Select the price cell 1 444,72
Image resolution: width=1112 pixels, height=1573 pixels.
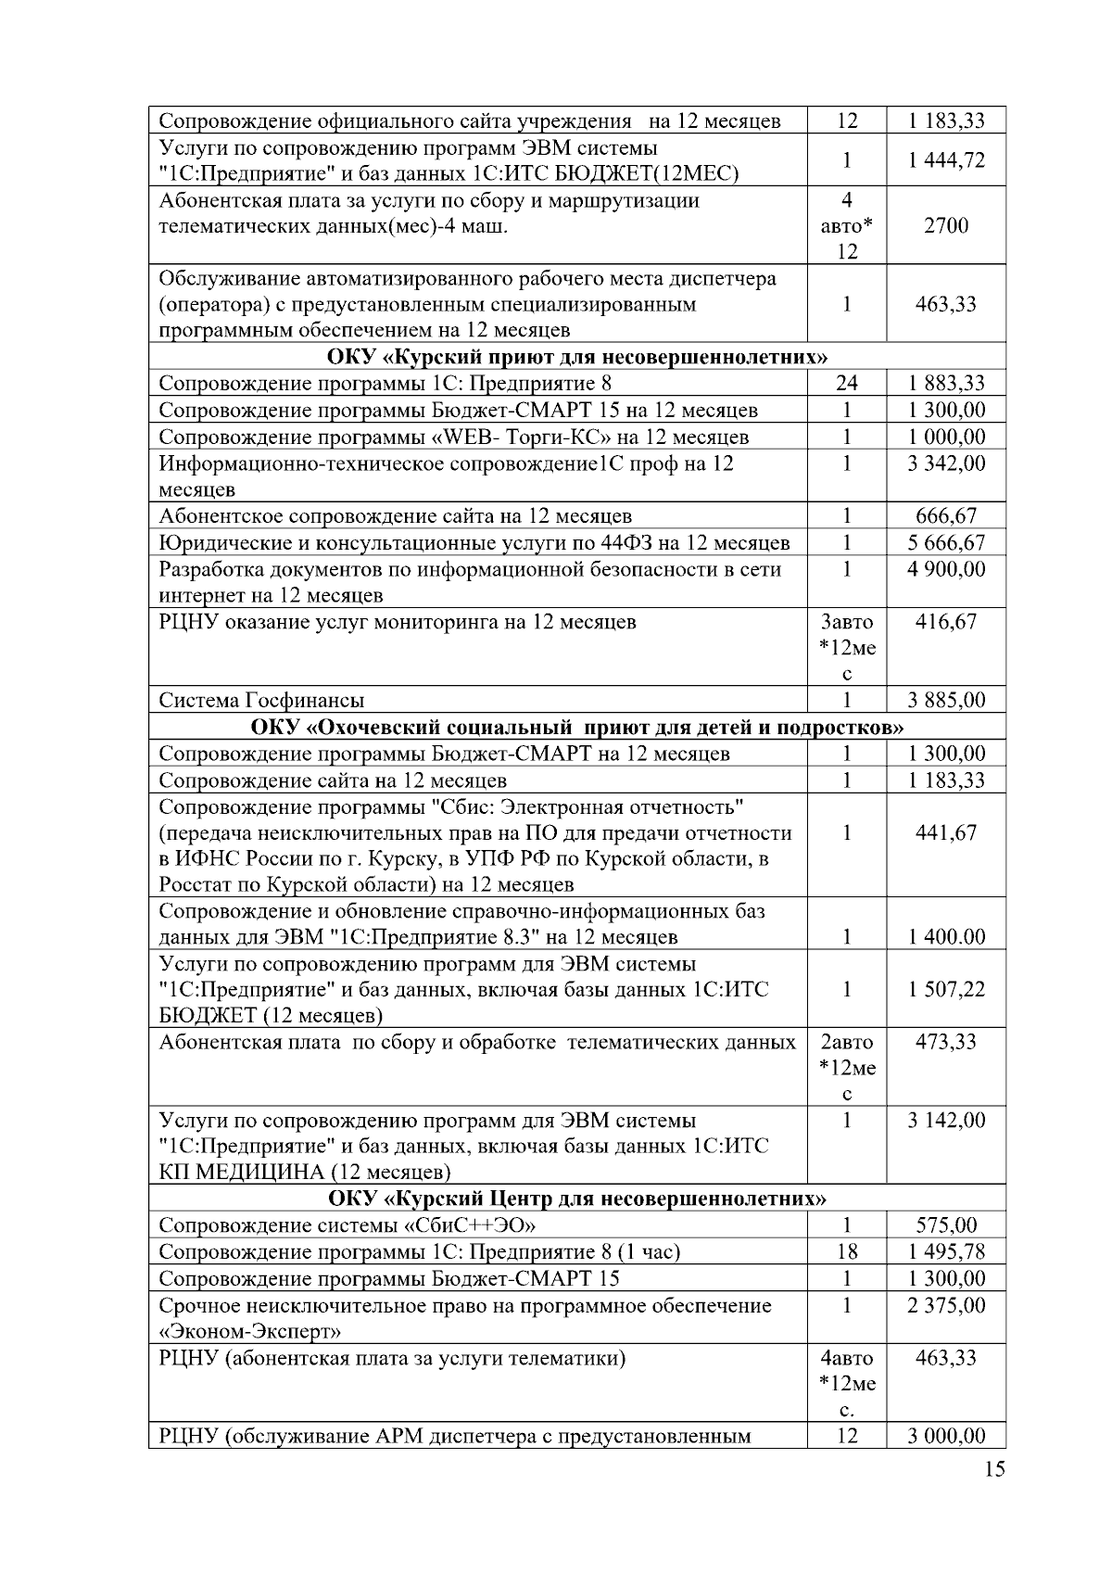[946, 160]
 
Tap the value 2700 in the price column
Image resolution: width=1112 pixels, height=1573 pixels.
[946, 225]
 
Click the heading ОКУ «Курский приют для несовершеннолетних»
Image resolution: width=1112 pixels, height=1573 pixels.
[576, 357]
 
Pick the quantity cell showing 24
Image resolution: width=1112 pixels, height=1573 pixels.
[846, 384]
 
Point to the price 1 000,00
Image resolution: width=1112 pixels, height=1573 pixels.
[946, 437]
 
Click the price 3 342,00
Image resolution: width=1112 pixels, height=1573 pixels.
[946, 463]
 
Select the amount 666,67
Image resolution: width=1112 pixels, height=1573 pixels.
[946, 516]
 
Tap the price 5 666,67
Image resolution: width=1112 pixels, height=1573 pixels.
[946, 542]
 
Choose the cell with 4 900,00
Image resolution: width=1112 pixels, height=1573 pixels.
[946, 569]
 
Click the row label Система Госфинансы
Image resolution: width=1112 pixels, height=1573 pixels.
[261, 700]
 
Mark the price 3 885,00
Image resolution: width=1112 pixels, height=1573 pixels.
[946, 700]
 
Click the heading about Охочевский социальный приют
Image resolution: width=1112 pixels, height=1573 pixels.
[576, 727]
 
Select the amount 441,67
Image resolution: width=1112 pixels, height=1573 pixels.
[946, 832]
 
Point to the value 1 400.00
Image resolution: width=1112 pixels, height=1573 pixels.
[946, 937]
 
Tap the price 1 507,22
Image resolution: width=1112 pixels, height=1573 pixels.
[946, 990]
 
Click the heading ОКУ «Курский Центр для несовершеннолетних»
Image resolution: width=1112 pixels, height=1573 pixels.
[576, 1199]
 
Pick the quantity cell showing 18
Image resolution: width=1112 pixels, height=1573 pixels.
[846, 1252]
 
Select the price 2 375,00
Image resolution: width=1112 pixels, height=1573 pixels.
[946, 1305]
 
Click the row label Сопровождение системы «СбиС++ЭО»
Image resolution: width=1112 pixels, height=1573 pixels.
[347, 1225]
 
